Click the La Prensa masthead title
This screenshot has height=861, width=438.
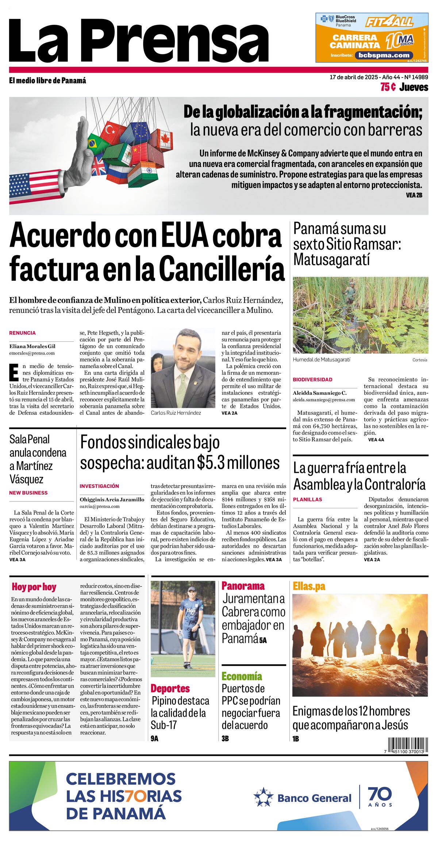[x=139, y=40]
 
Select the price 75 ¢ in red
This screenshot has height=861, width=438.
[x=388, y=87]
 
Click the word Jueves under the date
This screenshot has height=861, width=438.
[x=414, y=87]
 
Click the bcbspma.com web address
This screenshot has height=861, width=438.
[x=384, y=55]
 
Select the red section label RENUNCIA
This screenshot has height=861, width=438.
[x=22, y=333]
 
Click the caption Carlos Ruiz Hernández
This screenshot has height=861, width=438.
[x=176, y=413]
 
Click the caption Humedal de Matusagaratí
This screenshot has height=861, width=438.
[x=321, y=360]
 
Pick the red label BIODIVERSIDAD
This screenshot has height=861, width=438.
[x=312, y=380]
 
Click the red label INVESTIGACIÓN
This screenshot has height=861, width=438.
[x=99, y=486]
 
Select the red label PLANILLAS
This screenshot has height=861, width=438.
[x=307, y=499]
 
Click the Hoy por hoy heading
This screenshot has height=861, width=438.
[x=34, y=587]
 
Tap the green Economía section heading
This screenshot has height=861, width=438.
[x=242, y=676]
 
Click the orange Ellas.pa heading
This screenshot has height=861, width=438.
[x=309, y=586]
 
